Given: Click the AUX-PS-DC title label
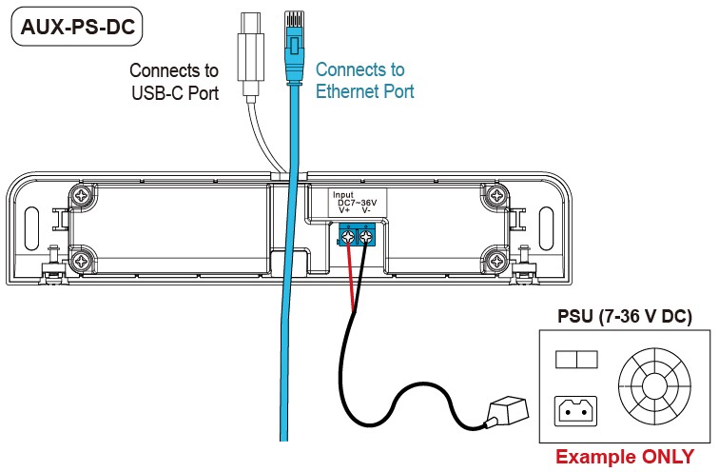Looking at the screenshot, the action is (x=77, y=26).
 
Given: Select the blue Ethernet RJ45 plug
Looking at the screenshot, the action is (x=294, y=47).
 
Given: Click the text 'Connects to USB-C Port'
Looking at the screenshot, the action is (x=174, y=82).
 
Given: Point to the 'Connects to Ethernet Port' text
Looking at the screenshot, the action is (x=364, y=80).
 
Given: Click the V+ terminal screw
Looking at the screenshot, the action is (x=348, y=237).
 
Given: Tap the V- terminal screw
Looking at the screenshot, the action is (x=365, y=237).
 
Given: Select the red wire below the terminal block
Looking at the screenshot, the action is (x=351, y=278).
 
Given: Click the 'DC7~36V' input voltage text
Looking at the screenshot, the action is (x=358, y=203).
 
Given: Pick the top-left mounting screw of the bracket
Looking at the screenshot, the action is (x=82, y=196).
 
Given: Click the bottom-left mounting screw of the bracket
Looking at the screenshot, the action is (x=82, y=262).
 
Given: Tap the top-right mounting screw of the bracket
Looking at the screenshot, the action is (x=496, y=196).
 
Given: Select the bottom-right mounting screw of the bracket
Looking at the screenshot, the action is (x=496, y=262).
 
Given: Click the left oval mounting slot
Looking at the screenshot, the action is (x=31, y=228).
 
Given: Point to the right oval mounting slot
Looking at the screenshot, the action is (x=546, y=228).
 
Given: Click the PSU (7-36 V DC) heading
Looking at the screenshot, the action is (x=625, y=316).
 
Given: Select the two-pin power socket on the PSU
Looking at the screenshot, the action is (x=576, y=411).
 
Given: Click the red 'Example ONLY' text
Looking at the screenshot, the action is (x=625, y=457).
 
